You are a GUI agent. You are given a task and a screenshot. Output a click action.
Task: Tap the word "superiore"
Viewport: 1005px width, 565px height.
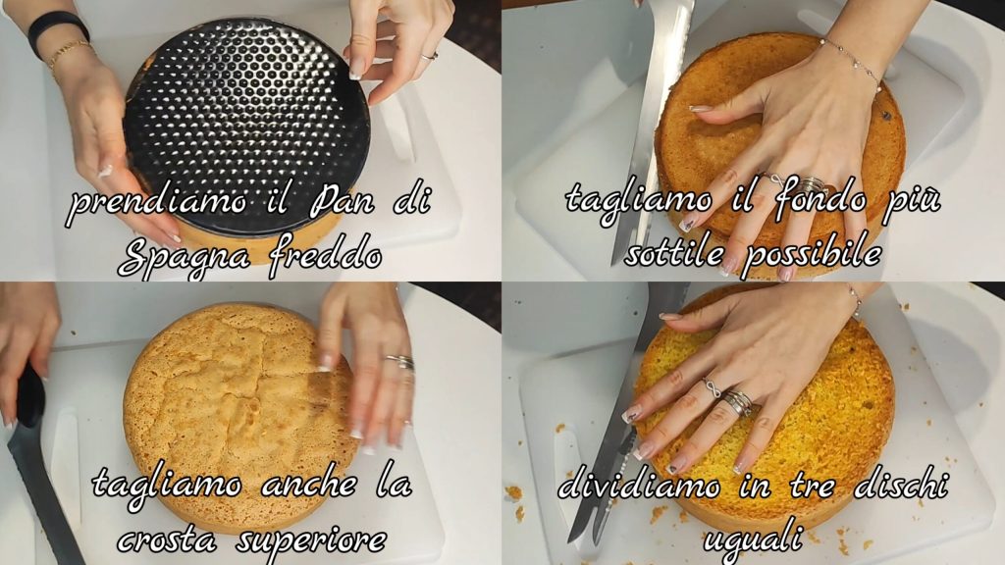coord(311,541)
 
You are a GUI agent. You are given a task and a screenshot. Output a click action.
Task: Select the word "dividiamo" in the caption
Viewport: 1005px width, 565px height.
coord(639,485)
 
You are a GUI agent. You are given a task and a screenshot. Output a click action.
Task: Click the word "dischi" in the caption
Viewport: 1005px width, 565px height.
coord(901,485)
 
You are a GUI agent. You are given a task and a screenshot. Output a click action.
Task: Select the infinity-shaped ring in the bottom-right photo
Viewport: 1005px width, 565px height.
coord(712,388)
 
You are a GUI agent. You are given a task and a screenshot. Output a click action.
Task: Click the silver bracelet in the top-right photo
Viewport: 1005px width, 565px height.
coord(853,60)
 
